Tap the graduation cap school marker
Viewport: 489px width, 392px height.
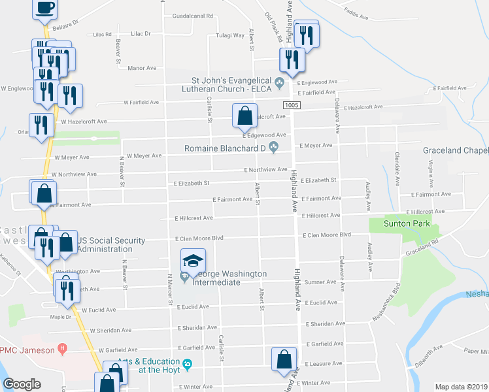tap(193, 261)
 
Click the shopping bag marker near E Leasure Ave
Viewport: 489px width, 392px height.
tap(285, 359)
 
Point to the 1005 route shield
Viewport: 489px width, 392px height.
tap(292, 105)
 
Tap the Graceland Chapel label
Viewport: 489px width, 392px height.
tap(456, 151)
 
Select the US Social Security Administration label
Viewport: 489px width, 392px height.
tap(111, 245)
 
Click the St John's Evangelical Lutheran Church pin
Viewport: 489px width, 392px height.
tap(280, 82)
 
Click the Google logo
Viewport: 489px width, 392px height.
tap(22, 384)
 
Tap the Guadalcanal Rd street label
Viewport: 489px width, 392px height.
tap(193, 16)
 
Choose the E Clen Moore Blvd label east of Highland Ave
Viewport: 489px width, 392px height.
tap(326, 235)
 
